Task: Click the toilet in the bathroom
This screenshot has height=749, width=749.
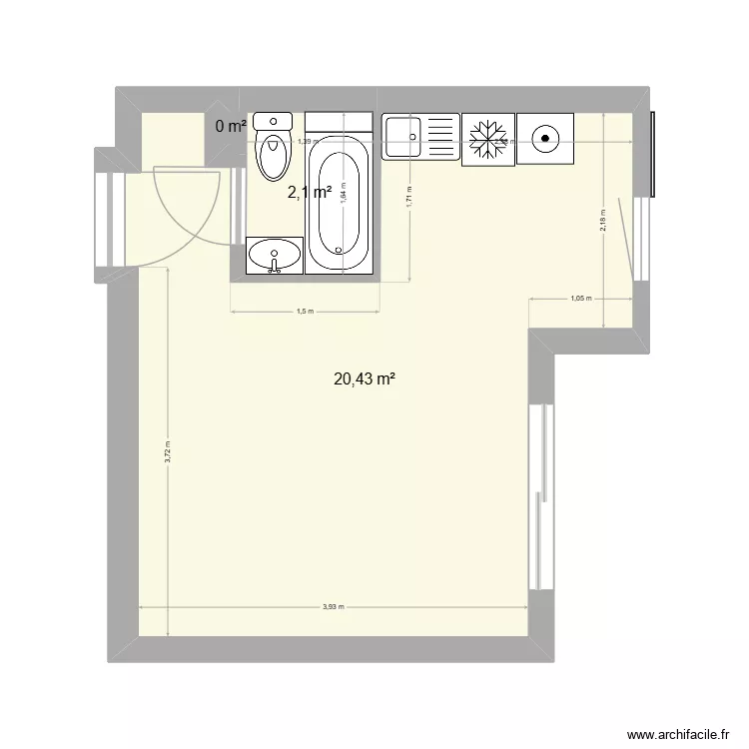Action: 272,148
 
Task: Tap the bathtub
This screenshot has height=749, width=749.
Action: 341,205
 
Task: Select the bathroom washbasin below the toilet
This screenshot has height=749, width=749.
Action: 274,256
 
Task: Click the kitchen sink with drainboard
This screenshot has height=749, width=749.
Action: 419,137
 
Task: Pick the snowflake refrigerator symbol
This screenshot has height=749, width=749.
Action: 487,138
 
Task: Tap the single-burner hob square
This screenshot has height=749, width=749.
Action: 546,138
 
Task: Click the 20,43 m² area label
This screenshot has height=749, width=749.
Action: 365,378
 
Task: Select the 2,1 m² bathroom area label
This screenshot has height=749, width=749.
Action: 309,193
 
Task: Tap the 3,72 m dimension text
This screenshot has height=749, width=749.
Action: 168,452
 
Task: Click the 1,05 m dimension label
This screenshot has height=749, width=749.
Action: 580,299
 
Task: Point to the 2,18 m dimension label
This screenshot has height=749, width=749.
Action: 602,220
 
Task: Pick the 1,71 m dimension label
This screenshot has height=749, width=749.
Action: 409,197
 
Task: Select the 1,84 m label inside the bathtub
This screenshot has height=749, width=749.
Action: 342,196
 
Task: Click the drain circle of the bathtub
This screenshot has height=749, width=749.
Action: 341,249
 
